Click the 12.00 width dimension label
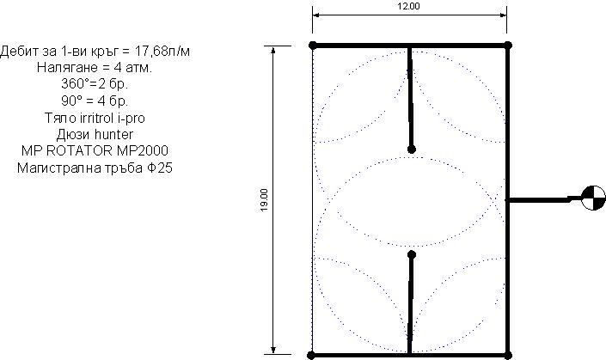pyautogui.click(x=408, y=6)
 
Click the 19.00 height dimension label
pyautogui.click(x=265, y=200)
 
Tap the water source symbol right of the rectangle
pyautogui.click(x=594, y=198)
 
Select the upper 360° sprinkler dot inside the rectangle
pyautogui.click(x=412, y=149)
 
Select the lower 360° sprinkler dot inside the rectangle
pyautogui.click(x=412, y=254)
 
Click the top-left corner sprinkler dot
pyautogui.click(x=313, y=46)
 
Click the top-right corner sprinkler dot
pyautogui.click(x=508, y=46)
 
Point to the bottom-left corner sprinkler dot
pyautogui.click(x=311, y=356)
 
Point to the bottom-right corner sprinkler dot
pyautogui.click(x=508, y=356)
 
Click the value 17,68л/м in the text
pyautogui.click(x=162, y=51)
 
